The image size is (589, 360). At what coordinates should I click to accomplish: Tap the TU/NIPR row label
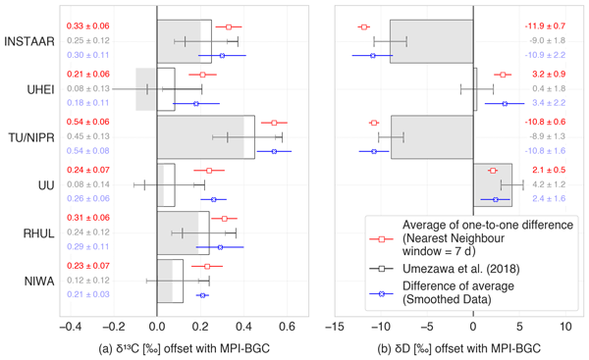point(31,136)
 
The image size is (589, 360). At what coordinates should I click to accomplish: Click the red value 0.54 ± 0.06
point(88,123)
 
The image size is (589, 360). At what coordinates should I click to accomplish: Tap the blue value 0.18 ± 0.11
point(88,103)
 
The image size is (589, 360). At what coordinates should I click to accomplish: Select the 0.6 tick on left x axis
point(289,325)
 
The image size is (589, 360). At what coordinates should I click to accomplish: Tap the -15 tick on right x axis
point(336,325)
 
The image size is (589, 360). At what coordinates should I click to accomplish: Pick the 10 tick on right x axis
point(564,325)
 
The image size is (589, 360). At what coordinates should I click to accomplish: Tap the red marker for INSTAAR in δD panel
point(364,27)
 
